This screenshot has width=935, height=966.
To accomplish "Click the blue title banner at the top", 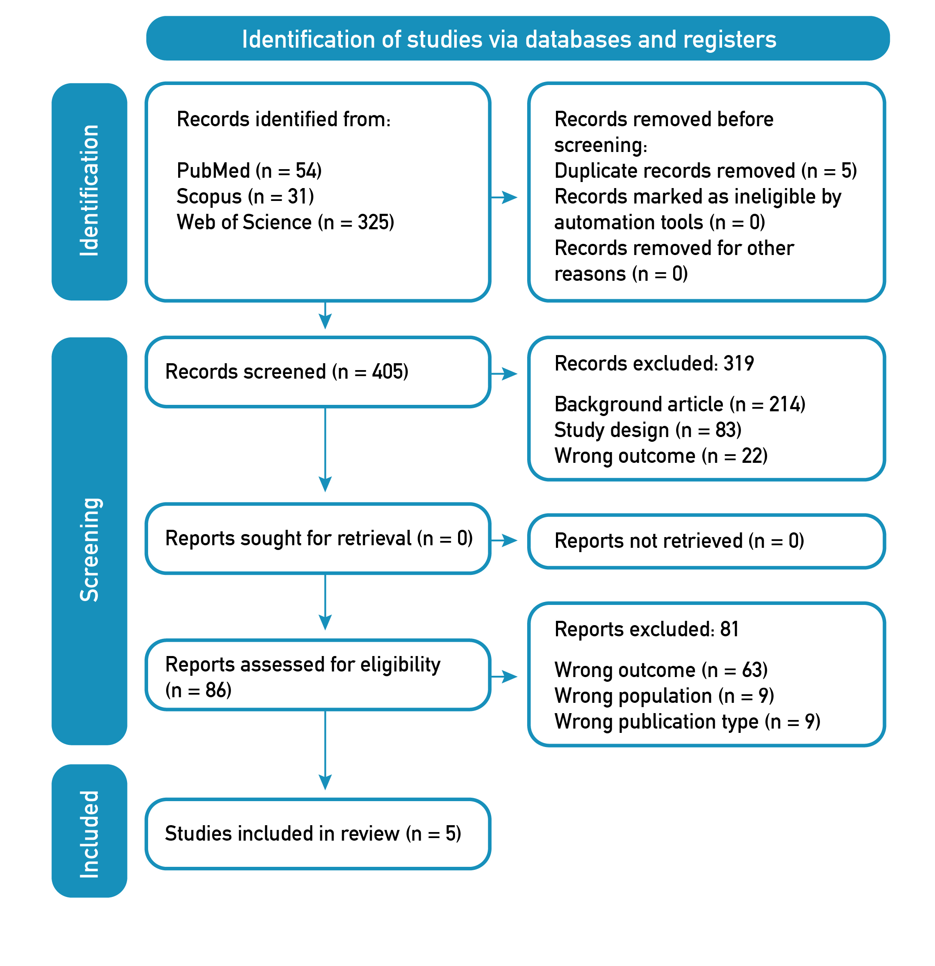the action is point(518,39).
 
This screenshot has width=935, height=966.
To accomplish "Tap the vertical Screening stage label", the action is point(89,541).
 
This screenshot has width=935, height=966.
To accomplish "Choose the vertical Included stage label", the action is point(89,830).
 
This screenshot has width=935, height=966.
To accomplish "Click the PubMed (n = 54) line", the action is point(249,171).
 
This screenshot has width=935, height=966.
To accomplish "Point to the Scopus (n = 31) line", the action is point(245,197).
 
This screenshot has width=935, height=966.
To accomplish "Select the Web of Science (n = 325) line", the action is point(285,222).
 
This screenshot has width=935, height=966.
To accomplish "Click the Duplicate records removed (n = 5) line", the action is point(705,171).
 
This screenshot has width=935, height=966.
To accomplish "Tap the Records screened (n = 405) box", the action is point(318,372).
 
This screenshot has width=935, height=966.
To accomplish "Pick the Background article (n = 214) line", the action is point(680,404).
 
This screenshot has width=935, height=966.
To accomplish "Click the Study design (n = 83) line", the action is point(648,430).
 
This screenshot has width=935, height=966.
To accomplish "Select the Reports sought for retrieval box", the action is point(318,538).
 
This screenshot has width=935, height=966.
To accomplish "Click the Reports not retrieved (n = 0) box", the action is point(706,541).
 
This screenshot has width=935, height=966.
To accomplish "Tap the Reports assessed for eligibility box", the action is point(318,675).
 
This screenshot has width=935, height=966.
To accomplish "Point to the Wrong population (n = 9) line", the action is point(664,696).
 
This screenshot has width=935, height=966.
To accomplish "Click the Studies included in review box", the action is point(318,833).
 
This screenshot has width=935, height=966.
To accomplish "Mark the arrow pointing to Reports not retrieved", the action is point(504,541).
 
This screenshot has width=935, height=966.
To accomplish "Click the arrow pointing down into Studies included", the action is point(325,750).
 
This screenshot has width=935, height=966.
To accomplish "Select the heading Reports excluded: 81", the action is point(646,629).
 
